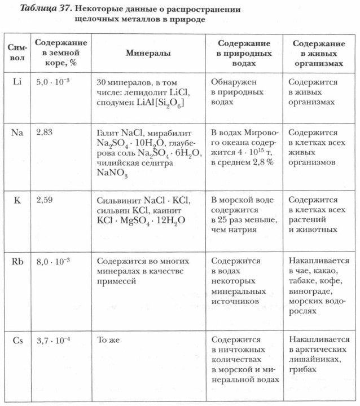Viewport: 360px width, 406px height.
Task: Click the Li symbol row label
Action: (17, 82)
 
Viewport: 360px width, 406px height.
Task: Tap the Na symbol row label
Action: (17, 133)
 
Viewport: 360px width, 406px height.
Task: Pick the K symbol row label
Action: (17, 200)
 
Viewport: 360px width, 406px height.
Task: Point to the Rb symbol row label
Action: (17, 262)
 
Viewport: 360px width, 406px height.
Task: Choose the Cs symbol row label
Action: (17, 339)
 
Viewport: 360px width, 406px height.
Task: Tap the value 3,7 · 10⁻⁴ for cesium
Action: (56, 339)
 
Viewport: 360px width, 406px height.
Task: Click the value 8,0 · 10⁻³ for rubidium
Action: (56, 262)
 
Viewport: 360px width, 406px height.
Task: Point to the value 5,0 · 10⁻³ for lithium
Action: (56, 82)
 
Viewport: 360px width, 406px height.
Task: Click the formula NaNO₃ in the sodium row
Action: (112, 174)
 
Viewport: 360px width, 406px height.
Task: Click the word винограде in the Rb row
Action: (311, 292)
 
